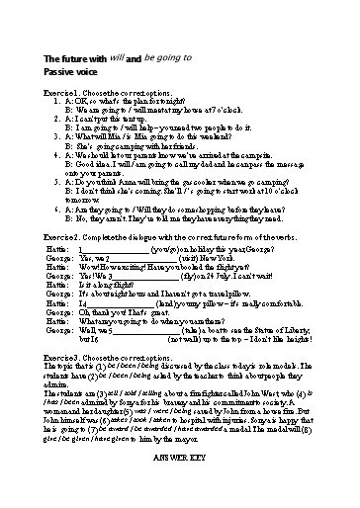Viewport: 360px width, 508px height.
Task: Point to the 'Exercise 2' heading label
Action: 64,238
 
